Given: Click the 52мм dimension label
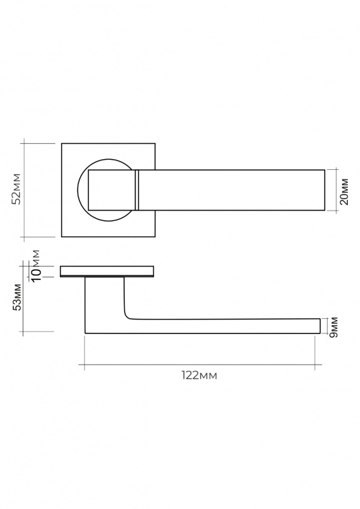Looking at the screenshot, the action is tap(16, 189).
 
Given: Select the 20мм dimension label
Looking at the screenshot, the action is tap(343, 192).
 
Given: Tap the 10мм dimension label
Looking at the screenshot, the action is tap(35, 265).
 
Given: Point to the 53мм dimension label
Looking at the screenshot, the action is tap(17, 297).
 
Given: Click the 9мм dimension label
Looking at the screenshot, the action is tap(333, 327).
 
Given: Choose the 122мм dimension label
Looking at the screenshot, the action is tap(199, 375).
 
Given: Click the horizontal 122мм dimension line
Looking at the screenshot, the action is tap(200, 365).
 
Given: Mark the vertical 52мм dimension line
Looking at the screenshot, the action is tap(24, 190).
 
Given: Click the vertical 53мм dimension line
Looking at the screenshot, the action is tap(23, 298).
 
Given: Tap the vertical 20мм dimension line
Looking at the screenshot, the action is tap(336, 190).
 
